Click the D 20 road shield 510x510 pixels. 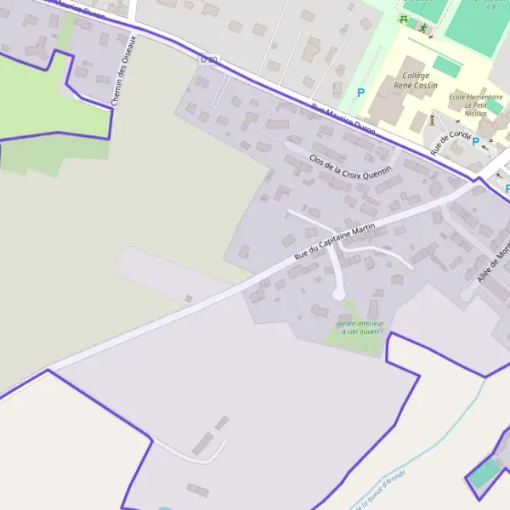(x=209, y=59)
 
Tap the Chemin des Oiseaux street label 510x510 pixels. (x=124, y=77)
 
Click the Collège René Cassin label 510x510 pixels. (x=410, y=81)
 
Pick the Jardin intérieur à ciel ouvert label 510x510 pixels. (x=360, y=327)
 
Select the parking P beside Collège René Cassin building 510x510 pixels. (x=360, y=93)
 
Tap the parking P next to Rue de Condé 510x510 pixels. (x=475, y=142)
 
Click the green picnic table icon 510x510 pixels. (x=404, y=18)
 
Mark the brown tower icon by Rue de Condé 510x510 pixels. (x=432, y=119)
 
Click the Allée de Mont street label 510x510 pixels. (x=492, y=264)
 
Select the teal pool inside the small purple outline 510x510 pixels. (x=484, y=473)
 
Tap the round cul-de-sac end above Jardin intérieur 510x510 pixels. (x=339, y=294)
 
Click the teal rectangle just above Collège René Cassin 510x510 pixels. (x=446, y=65)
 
